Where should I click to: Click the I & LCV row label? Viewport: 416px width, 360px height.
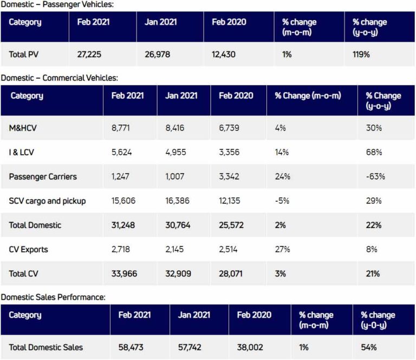tap(22, 152)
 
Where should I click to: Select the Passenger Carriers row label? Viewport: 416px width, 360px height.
tap(43, 176)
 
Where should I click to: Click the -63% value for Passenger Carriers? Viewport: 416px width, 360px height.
tap(375, 176)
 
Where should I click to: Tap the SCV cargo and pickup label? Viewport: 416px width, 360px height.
tap(48, 201)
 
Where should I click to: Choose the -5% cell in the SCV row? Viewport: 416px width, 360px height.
tap(282, 201)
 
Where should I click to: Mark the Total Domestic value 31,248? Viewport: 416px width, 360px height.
tap(124, 225)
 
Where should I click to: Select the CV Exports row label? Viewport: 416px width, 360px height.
tap(28, 250)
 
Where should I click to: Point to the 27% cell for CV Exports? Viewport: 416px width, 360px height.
tap(282, 250)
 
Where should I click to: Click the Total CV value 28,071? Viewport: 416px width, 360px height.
tap(232, 274)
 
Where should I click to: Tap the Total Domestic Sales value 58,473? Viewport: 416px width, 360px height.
tap(132, 347)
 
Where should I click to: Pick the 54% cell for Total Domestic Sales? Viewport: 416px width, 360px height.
tap(369, 347)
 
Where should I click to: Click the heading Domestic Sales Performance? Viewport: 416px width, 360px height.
tap(53, 297)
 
